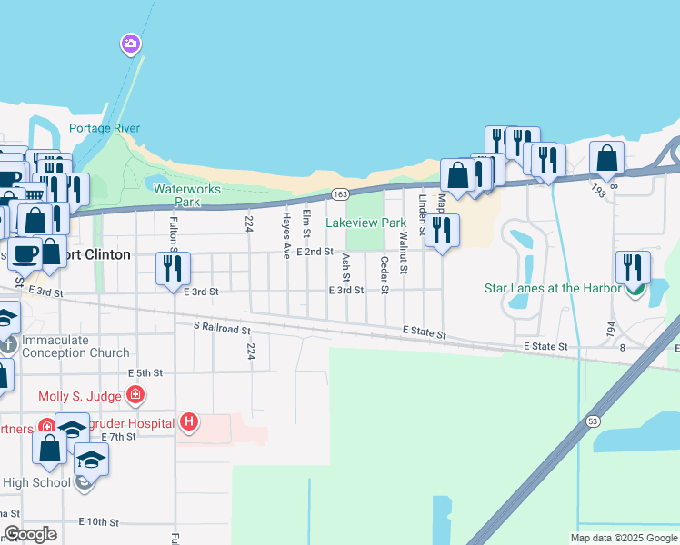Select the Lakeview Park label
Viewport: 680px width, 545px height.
(365, 223)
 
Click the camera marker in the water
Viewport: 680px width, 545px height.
(132, 44)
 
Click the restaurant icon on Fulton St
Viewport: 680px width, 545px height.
(173, 268)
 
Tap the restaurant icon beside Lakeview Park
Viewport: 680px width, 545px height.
(442, 230)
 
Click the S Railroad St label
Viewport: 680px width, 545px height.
(222, 326)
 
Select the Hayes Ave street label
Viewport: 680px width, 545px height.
(285, 232)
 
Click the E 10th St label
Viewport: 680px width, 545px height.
(99, 521)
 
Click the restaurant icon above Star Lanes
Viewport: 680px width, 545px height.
(632, 268)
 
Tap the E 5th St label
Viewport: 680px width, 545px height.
(145, 372)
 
